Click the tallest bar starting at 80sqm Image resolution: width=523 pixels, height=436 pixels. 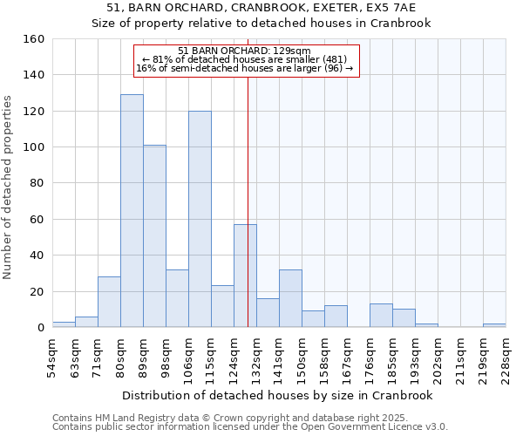coord(132,211)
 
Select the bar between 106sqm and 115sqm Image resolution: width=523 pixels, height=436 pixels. coord(200,219)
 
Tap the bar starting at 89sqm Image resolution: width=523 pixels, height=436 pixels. coord(154,236)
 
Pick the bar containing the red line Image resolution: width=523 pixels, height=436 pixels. coord(245,276)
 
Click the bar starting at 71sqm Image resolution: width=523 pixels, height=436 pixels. coord(109,302)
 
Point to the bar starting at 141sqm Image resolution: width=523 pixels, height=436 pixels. coord(290,298)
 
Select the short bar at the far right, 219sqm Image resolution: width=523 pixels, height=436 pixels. coord(494,325)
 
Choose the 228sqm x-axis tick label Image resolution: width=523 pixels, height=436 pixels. coord(506,357)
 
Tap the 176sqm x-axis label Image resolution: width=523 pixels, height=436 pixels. coord(370,357)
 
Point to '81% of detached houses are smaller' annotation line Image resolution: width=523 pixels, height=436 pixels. coord(244,59)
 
